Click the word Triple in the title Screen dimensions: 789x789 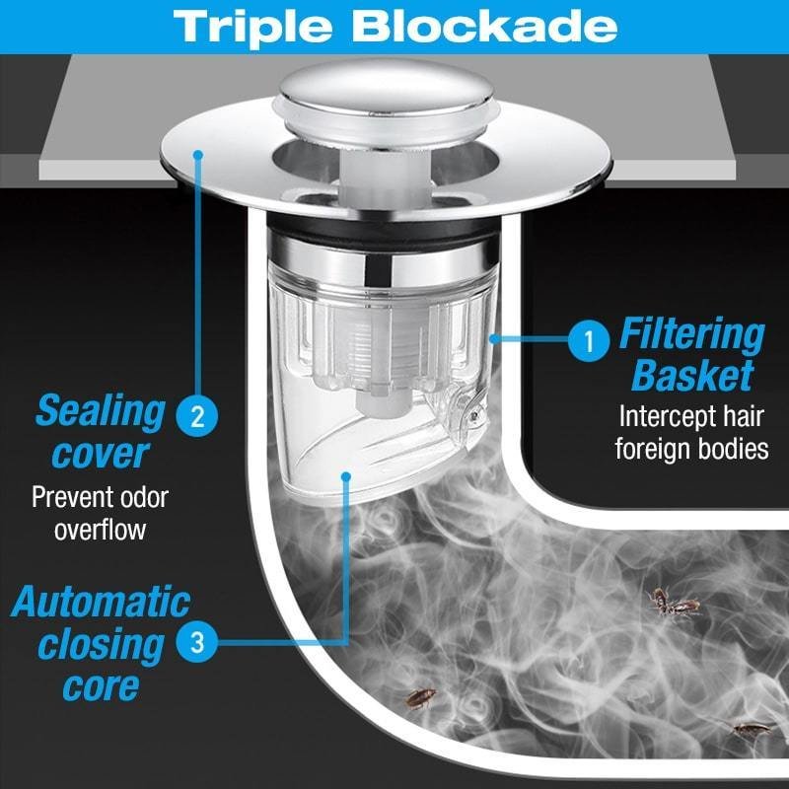252,28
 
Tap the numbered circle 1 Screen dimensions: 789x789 589,341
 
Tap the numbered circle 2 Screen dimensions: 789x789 197,416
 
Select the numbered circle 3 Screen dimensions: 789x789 197,642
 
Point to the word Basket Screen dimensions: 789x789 693,375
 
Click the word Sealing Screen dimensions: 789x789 101,412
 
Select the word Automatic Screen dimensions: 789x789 101,602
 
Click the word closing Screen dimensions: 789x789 101,645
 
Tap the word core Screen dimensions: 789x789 101,686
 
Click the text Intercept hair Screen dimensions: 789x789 691,416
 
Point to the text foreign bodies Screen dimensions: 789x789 692,449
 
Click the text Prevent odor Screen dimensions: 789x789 100,497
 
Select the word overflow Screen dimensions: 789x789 100,530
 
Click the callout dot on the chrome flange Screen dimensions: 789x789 198,155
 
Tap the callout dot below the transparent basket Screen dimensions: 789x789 346,476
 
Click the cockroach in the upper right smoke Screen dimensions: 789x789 673,603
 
